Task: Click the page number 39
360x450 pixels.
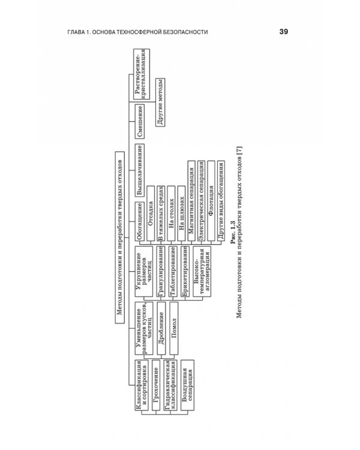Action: tap(283, 32)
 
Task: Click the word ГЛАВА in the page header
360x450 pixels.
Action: tap(76, 32)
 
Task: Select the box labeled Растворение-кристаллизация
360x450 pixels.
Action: tap(142, 74)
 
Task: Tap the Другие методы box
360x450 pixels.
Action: tap(160, 102)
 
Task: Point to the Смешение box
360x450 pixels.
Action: tap(140, 121)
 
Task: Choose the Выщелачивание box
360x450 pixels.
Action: tap(140, 170)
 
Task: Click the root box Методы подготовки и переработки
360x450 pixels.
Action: tap(120, 238)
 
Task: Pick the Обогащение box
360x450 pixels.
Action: tap(140, 221)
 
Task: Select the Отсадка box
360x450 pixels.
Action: tap(151, 213)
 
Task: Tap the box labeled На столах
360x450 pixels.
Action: tap(171, 213)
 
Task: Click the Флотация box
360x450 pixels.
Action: tap(211, 200)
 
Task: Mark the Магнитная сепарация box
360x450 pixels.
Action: tap(191, 200)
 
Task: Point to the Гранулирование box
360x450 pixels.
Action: tap(160, 271)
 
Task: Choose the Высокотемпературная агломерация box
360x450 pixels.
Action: tap(202, 271)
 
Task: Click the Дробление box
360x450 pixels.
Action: tap(161, 328)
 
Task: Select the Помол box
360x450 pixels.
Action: tap(173, 328)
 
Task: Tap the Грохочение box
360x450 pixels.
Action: tap(156, 385)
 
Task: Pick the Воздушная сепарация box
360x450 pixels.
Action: tap(187, 385)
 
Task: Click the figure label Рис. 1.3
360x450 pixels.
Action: tap(233, 232)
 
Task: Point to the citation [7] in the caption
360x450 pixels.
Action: tap(239, 151)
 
